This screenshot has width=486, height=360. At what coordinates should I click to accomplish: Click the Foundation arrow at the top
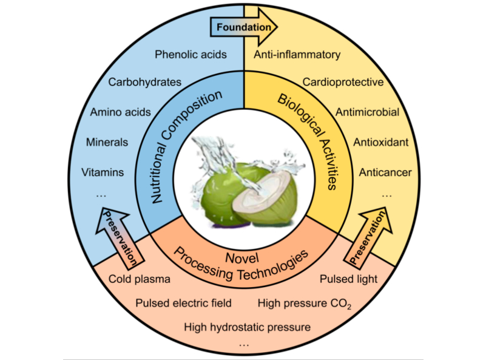(243, 27)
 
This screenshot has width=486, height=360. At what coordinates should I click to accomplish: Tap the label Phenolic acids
(191, 55)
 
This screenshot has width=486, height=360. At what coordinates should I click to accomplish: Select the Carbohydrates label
(145, 82)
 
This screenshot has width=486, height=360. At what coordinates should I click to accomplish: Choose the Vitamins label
(103, 172)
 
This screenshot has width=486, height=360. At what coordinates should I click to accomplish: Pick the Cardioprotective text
(343, 82)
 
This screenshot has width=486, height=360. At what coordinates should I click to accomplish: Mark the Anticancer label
(385, 172)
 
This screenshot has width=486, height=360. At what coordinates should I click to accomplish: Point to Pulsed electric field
(183, 302)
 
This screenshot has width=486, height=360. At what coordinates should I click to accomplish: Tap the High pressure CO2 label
(305, 302)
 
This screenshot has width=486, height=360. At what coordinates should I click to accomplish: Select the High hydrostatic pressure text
(248, 327)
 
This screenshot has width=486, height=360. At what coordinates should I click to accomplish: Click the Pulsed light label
(349, 279)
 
